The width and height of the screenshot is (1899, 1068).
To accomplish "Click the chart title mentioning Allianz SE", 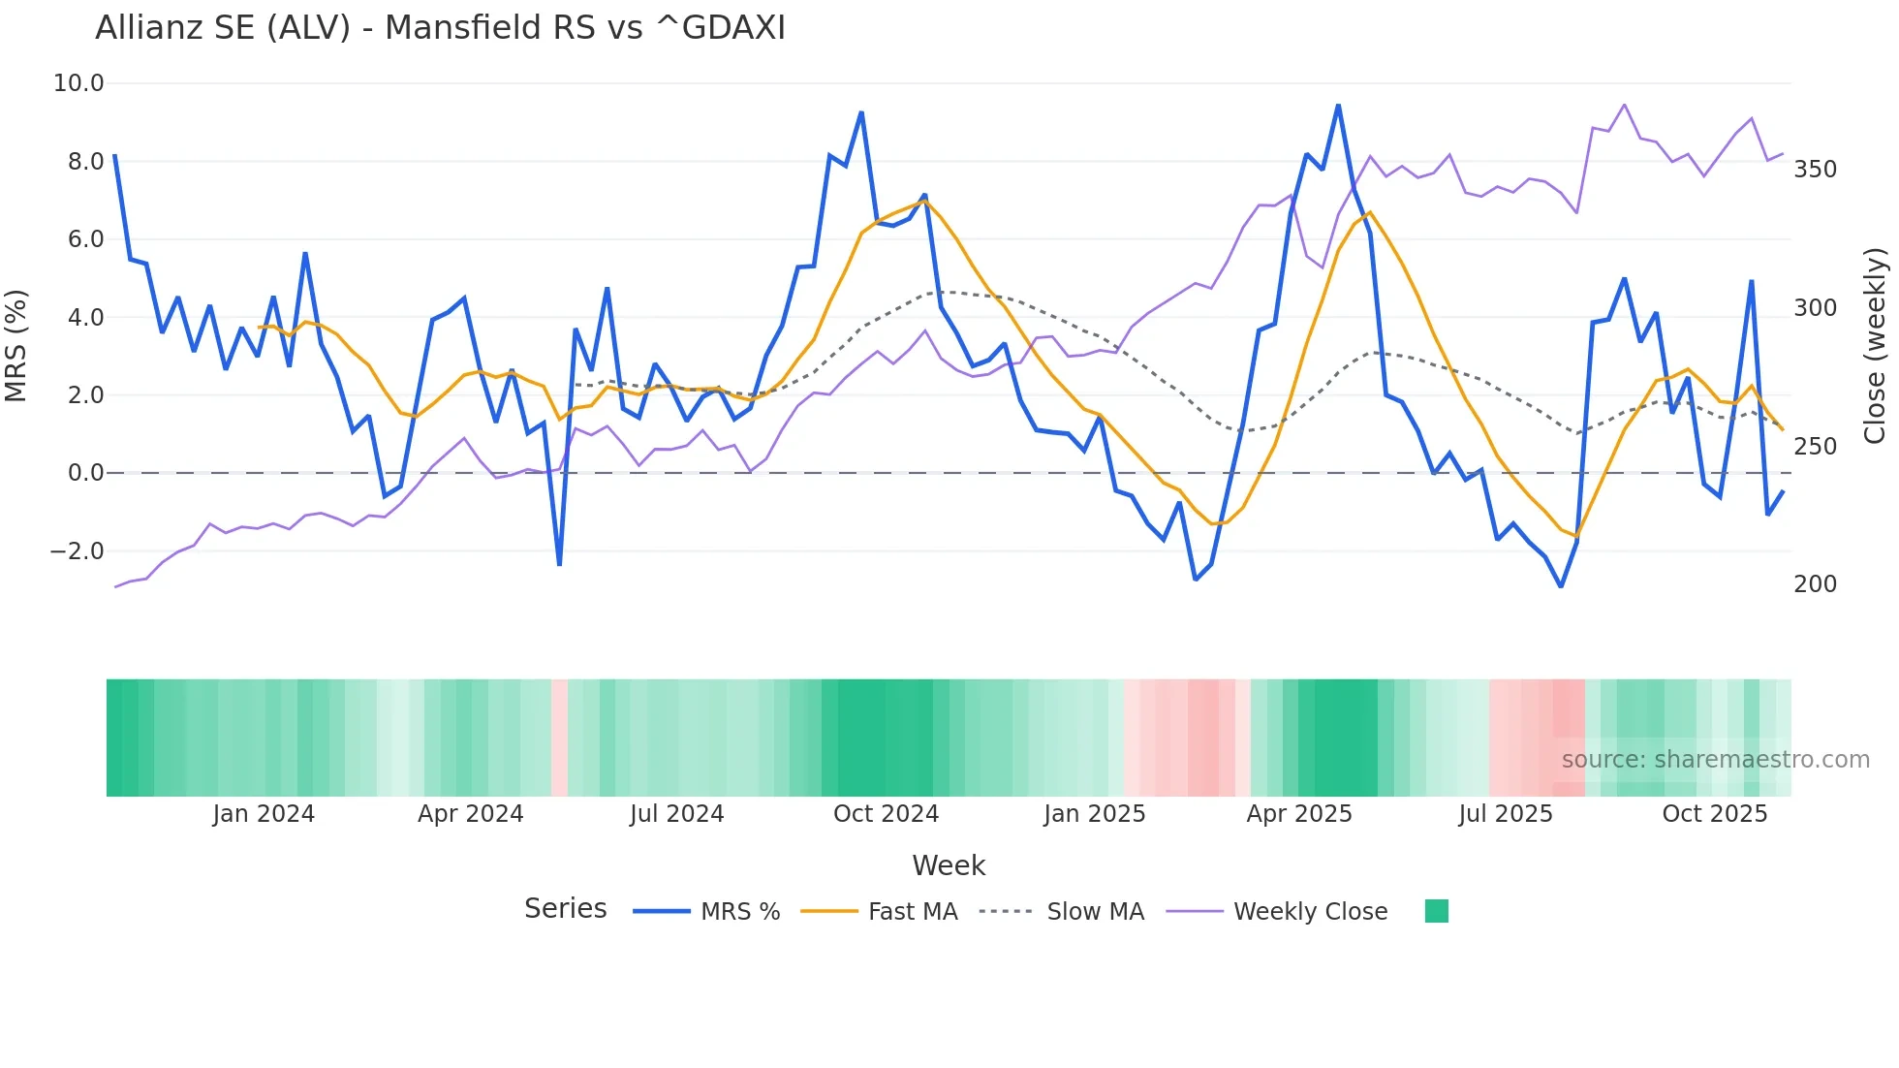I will coord(440,28).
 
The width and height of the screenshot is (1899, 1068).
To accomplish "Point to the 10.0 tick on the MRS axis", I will coord(78,83).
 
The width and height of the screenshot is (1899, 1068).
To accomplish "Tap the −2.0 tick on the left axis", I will coord(77,551).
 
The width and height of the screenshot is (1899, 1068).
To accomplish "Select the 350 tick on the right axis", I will coord(1815,170).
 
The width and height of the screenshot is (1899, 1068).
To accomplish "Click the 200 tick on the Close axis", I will coord(1815,584).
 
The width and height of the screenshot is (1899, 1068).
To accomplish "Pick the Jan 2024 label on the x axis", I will coord(264,814).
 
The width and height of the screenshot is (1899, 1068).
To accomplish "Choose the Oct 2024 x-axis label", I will coord(886,814).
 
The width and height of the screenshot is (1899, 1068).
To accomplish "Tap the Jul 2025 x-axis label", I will coord(1505,814).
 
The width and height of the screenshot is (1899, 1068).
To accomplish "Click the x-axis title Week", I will coord(949,865).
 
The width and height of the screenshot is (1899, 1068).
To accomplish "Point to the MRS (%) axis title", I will coord(16,345).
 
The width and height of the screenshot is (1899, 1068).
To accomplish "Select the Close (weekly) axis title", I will coord(1876,345).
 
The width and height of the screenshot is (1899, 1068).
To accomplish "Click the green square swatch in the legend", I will coord(1437,911).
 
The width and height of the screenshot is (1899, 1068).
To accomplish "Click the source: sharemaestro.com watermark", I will coord(1715,760).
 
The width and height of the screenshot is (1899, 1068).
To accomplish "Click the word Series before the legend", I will coord(565,909).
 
